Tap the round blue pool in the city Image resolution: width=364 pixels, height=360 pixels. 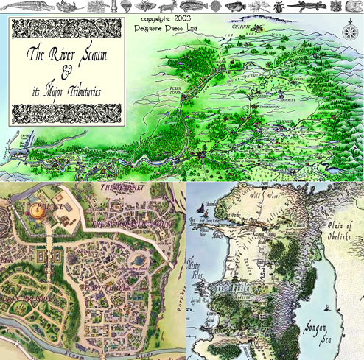138,261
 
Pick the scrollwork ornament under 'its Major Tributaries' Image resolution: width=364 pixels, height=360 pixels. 64,112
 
